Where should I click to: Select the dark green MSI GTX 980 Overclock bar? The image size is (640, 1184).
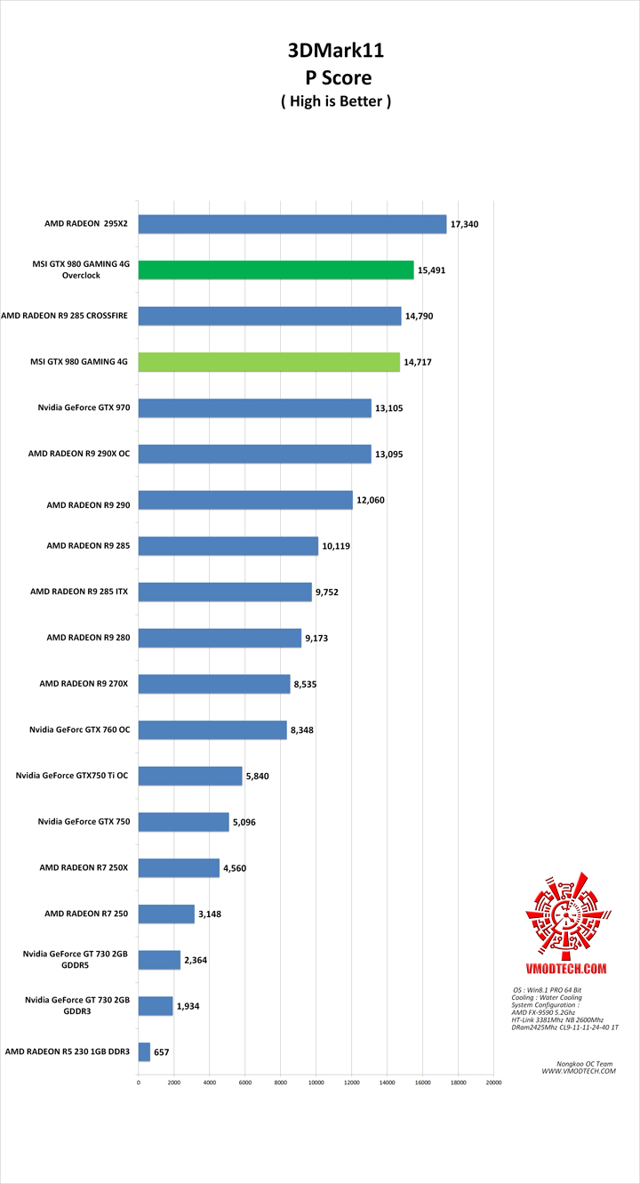click(276, 270)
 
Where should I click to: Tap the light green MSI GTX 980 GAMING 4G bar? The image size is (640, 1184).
click(268, 362)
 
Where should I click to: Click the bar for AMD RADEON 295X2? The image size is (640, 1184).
click(292, 224)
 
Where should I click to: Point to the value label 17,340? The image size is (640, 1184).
click(464, 224)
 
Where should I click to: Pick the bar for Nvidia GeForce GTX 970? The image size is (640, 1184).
click(254, 407)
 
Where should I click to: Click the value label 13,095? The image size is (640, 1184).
click(389, 454)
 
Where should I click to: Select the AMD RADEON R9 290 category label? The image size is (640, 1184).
click(88, 504)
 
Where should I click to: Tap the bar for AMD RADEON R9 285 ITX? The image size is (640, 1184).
click(225, 592)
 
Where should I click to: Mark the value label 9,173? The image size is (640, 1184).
click(319, 638)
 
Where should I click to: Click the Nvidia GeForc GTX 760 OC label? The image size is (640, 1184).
click(79, 729)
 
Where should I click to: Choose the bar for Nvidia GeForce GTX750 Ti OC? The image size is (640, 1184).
click(190, 776)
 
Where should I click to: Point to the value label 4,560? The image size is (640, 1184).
click(235, 868)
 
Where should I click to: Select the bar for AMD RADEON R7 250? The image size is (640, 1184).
click(166, 914)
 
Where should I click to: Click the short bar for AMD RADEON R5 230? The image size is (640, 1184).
click(144, 1051)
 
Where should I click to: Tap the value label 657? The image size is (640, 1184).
click(161, 1052)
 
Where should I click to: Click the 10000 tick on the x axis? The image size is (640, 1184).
click(316, 1083)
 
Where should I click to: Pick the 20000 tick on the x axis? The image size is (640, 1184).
click(493, 1083)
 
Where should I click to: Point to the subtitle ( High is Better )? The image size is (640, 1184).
click(336, 101)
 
